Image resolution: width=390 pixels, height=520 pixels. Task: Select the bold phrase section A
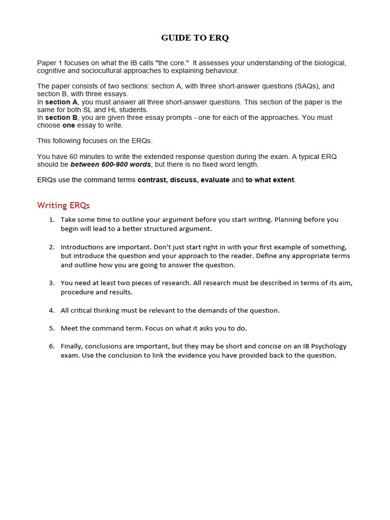(61, 102)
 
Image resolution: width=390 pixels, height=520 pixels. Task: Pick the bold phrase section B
(61, 117)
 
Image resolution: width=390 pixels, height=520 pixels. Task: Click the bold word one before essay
(69, 125)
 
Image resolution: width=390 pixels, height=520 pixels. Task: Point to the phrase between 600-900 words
(110, 165)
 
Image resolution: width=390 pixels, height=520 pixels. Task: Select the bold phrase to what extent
(270, 180)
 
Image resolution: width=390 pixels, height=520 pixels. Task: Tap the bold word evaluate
(215, 180)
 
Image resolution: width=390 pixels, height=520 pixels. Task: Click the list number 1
(51, 220)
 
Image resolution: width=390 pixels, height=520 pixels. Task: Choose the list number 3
(51, 283)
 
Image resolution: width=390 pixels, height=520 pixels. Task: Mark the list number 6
(51, 346)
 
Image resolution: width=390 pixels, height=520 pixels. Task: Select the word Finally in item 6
(72, 346)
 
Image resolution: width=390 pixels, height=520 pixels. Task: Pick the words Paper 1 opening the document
(48, 63)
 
